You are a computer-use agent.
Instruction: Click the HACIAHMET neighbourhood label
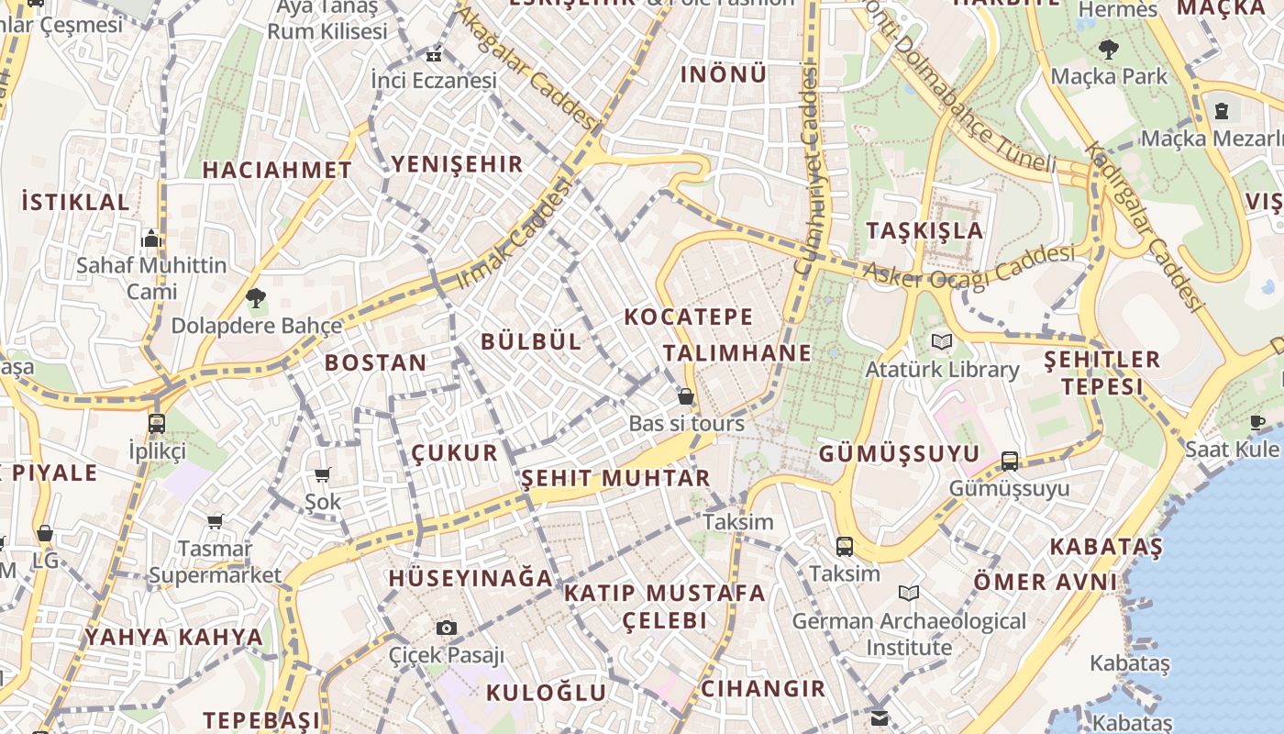click(277, 170)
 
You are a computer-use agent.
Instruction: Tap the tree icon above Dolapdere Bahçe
click(256, 297)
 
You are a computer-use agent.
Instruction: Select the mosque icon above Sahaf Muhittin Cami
click(151, 239)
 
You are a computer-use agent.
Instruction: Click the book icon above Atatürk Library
click(941, 342)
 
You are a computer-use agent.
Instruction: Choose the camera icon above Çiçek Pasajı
click(447, 628)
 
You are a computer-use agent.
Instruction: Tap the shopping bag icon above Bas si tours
click(685, 396)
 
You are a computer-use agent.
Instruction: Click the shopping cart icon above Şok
click(322, 474)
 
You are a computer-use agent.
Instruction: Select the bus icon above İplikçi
click(157, 424)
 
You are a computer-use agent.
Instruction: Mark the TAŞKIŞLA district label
click(925, 230)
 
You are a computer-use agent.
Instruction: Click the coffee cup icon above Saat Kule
click(1256, 422)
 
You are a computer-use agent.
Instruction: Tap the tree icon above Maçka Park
click(1109, 49)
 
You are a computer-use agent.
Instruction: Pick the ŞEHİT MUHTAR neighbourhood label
click(615, 478)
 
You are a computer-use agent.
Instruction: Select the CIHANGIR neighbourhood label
click(763, 688)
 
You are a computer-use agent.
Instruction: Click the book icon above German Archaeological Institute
click(909, 594)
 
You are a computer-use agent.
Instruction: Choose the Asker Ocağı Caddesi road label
click(969, 267)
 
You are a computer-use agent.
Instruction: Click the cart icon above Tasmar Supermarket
click(215, 521)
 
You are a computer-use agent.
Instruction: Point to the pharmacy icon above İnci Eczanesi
click(434, 54)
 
